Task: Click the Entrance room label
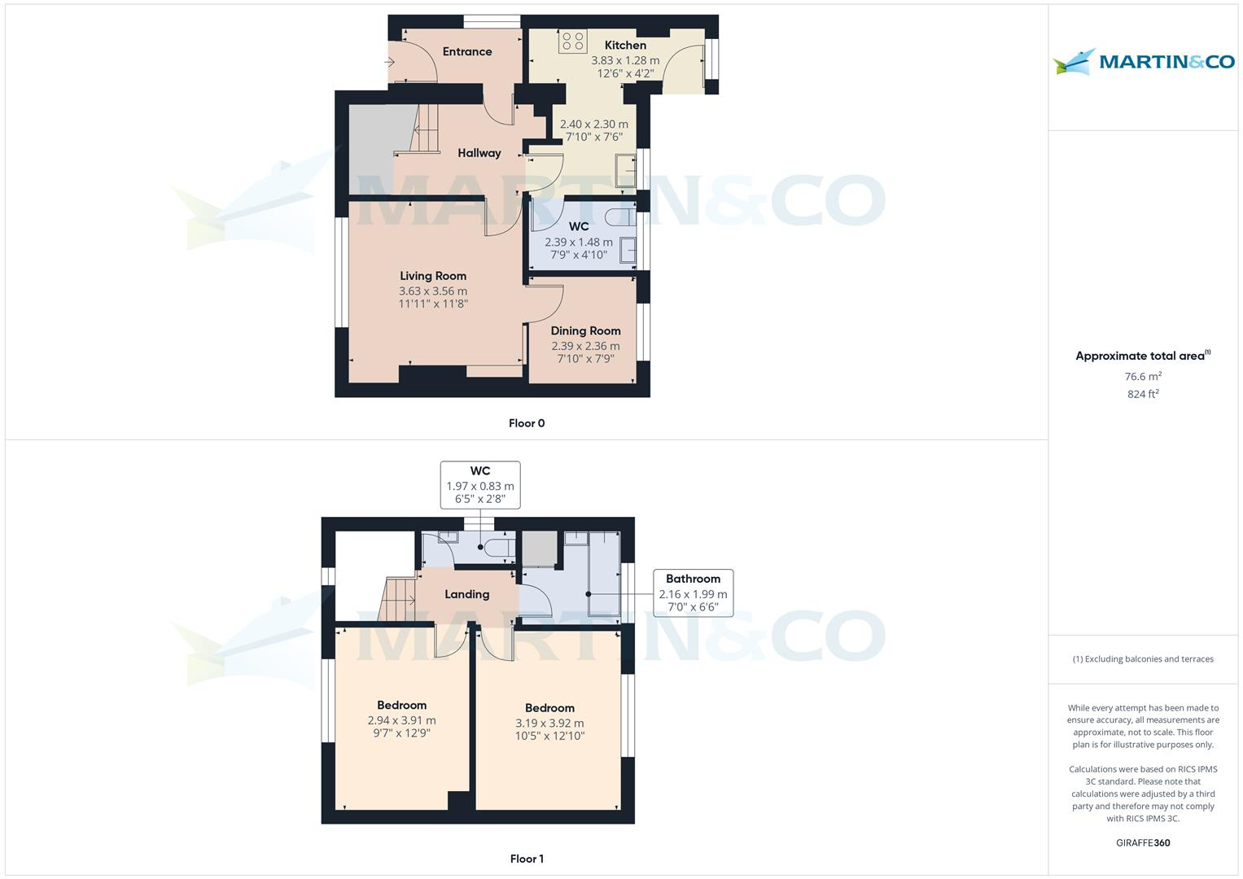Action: pyautogui.click(x=467, y=51)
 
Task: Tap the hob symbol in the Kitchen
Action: pyautogui.click(x=572, y=41)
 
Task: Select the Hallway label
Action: pyautogui.click(x=479, y=153)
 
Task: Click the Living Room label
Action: pyautogui.click(x=433, y=276)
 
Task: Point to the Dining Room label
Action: pyautogui.click(x=585, y=330)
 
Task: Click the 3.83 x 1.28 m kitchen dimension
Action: pyautogui.click(x=625, y=60)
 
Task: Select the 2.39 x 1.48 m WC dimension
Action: pyautogui.click(x=579, y=242)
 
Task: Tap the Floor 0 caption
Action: pyautogui.click(x=527, y=423)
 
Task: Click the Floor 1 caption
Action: pyautogui.click(x=527, y=859)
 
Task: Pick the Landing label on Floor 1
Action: pyautogui.click(x=466, y=594)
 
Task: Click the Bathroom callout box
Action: pyautogui.click(x=693, y=593)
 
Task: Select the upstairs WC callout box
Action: pyautogui.click(x=480, y=485)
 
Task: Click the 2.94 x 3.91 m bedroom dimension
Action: pyautogui.click(x=401, y=720)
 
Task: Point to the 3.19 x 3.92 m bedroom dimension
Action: pyautogui.click(x=549, y=723)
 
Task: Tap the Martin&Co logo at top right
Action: pyautogui.click(x=1144, y=62)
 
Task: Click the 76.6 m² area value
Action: pyautogui.click(x=1143, y=377)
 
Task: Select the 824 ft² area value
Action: pyautogui.click(x=1143, y=394)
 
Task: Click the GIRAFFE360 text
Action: pyautogui.click(x=1143, y=842)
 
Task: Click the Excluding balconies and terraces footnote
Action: pyautogui.click(x=1143, y=659)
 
